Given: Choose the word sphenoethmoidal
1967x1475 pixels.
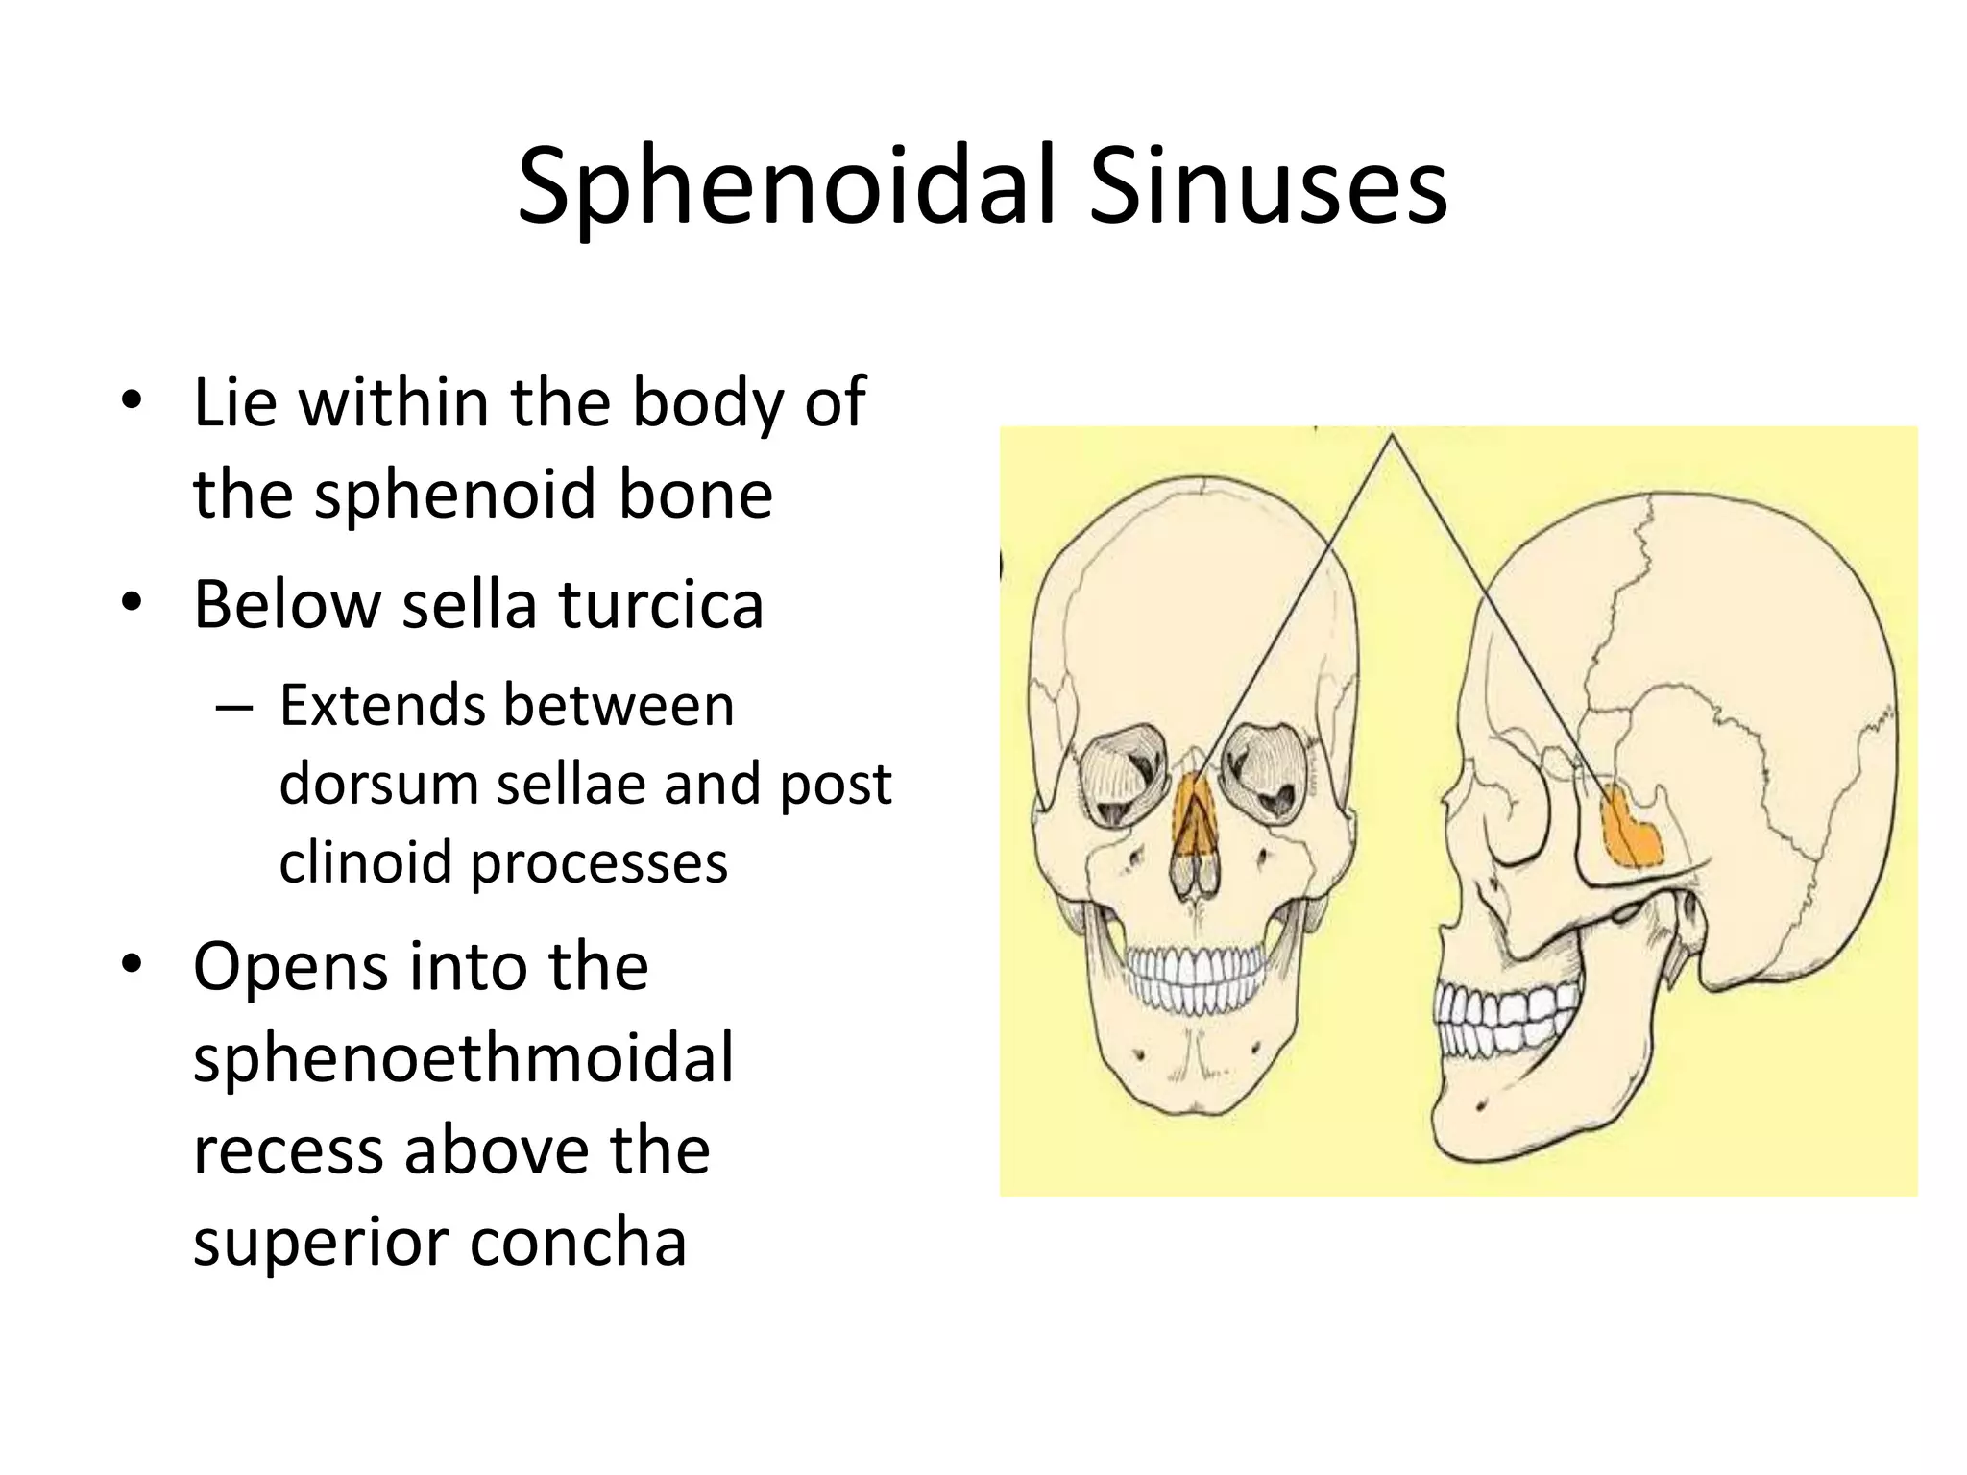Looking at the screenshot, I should coord(463,1057).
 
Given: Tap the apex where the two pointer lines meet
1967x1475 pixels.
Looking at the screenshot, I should coord(1391,436).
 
